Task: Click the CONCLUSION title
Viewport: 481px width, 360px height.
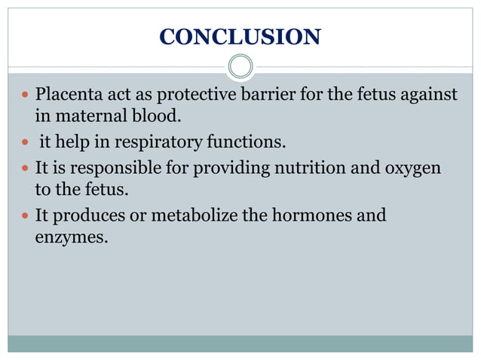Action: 240,36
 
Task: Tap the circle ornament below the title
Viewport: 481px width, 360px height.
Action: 240,66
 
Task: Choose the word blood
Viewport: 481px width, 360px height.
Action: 158,117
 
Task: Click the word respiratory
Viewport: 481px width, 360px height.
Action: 150,142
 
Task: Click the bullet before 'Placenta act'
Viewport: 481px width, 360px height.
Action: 26,96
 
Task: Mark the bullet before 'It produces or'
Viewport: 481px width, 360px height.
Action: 26,216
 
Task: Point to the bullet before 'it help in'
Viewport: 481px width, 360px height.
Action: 26,142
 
